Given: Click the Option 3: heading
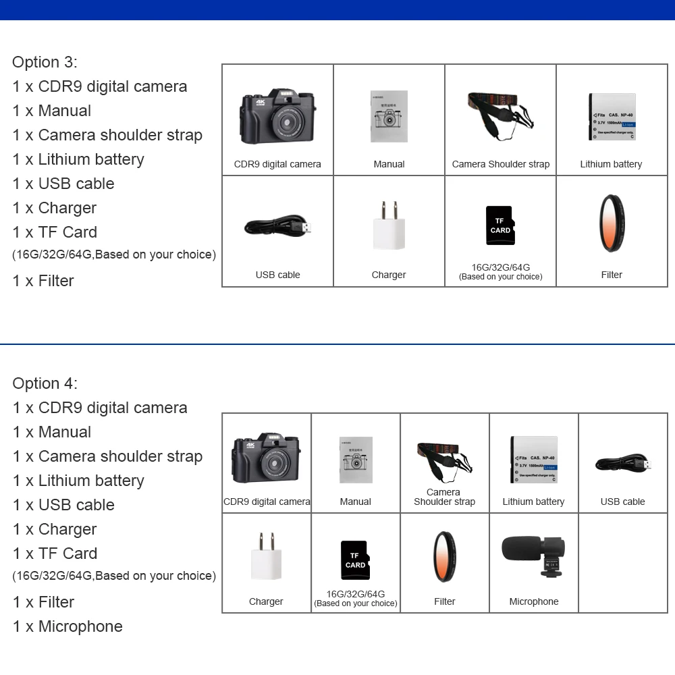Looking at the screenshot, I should (x=45, y=62).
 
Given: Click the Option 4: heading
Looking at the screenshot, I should (x=45, y=383).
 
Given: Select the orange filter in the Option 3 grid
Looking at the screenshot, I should (x=612, y=222).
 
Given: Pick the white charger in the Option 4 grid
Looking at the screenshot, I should (x=266, y=555).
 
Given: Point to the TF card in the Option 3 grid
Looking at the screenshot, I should (x=500, y=225).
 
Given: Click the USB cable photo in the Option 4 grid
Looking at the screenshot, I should (x=623, y=464).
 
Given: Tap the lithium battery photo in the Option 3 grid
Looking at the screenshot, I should (x=612, y=116).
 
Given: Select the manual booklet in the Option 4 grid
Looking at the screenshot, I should (x=356, y=460).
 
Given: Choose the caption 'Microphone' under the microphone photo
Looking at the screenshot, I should (x=534, y=601).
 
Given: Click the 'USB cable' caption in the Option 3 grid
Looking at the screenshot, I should (x=277, y=275).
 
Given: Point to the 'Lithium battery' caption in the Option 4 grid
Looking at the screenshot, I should (x=533, y=502).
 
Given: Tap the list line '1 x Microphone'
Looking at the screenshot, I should (x=67, y=626).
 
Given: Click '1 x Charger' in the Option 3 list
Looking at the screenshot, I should (x=54, y=208).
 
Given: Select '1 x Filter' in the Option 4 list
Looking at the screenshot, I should (x=43, y=602).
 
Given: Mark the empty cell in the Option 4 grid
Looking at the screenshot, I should (x=623, y=563).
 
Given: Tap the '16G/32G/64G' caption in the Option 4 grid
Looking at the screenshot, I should (x=356, y=594).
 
